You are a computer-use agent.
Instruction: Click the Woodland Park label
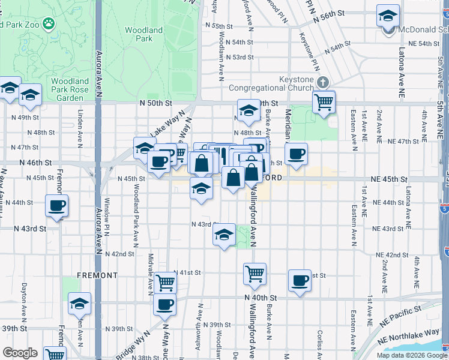point(143,34)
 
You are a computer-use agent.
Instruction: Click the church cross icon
point(323,82)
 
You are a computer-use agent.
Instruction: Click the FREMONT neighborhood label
point(97,275)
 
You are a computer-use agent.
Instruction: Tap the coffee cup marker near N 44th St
point(56,206)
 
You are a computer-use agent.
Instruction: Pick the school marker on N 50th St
point(248,110)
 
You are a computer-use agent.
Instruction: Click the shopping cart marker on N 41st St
point(255,274)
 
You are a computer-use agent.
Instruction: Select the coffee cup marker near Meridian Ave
point(296,154)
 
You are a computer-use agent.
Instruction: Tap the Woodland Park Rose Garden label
point(70,89)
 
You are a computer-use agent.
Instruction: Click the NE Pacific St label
point(399,314)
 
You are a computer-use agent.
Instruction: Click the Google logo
point(19,353)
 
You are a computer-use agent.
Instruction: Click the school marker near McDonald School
point(388,16)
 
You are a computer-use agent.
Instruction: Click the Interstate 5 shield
point(444,208)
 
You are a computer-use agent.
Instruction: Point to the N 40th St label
point(261,298)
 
